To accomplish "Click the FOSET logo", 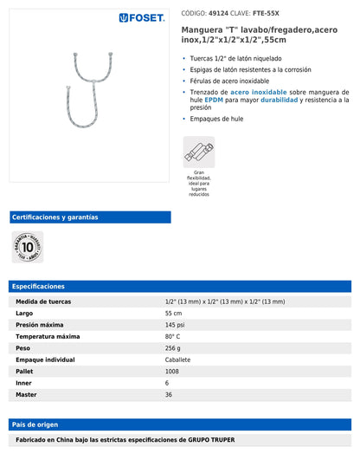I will [x=142, y=17].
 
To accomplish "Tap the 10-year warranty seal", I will [x=28, y=247].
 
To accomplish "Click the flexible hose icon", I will [x=198, y=152].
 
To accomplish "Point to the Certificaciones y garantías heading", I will [x=55, y=217].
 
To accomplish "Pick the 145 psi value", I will [x=176, y=325].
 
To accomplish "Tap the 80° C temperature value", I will [x=173, y=336].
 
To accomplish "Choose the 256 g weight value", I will [x=174, y=347].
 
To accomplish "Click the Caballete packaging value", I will [x=180, y=360].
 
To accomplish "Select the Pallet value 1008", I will [x=173, y=371].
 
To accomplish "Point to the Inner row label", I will [x=24, y=383].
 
